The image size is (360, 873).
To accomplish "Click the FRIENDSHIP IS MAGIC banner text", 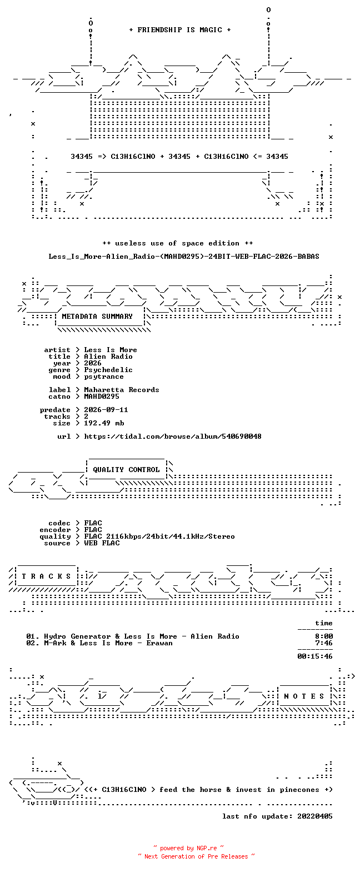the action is pos(180,30).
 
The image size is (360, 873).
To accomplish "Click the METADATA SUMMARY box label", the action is pos(97,317).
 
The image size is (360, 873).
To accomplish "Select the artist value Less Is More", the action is pos(111,350).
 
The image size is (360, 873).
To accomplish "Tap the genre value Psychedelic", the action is pos(108,370).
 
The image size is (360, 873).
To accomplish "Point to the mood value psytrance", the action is pos(104,377).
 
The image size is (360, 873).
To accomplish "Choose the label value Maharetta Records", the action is pos(121,390).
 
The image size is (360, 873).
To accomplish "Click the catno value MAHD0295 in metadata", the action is pos(102,397).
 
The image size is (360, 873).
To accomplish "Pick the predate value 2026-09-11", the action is pos(106,410).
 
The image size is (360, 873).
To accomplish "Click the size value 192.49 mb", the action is pos(104,423).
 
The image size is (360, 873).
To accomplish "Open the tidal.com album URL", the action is pos(172,436).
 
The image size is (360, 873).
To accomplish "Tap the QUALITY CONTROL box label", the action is pos(126,470).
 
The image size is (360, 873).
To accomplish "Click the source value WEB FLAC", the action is pos(102,543).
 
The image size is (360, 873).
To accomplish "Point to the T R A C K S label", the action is pos(46,576).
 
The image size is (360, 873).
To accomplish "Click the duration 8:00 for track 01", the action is pos(324,636).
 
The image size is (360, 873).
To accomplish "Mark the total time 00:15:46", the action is pos(315,656).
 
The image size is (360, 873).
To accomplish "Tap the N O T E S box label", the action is pos(304,696).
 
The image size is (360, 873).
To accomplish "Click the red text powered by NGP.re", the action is pos(188,848).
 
